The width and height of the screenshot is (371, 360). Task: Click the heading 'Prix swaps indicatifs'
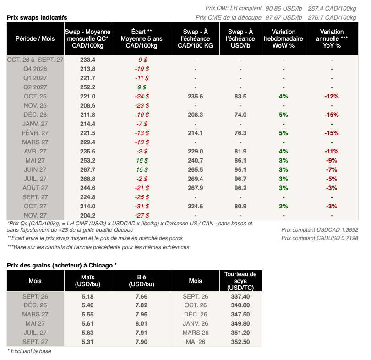pyautogui.click(x=37, y=18)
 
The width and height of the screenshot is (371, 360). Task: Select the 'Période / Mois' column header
pyautogui.click(x=35, y=38)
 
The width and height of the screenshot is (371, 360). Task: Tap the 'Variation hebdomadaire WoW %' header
pyautogui.click(x=284, y=38)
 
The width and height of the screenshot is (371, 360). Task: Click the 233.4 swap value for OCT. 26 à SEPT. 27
pyautogui.click(x=87, y=60)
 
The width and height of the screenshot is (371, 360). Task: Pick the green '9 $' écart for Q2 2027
pyautogui.click(x=142, y=87)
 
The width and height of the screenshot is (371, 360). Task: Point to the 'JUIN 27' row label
pyautogui.click(x=35, y=169)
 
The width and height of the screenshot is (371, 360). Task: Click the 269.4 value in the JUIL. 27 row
pyautogui.click(x=196, y=179)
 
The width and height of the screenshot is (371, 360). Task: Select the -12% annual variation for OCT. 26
pyautogui.click(x=332, y=97)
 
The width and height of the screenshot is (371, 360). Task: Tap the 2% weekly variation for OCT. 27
pyautogui.click(x=284, y=206)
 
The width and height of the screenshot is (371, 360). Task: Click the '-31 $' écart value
pyautogui.click(x=142, y=206)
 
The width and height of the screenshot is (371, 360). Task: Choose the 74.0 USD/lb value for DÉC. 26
pyautogui.click(x=240, y=115)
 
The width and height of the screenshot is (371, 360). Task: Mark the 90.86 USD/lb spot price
pyautogui.click(x=284, y=9)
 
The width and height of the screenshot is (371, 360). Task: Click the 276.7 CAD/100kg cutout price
pyautogui.click(x=332, y=18)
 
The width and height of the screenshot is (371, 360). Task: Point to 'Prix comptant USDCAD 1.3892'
pyautogui.click(x=320, y=230)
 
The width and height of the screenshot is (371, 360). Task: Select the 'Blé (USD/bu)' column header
pyautogui.click(x=142, y=281)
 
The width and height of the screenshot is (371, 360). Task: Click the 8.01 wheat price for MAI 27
pyautogui.click(x=142, y=323)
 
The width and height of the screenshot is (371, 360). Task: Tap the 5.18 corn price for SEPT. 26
pyautogui.click(x=87, y=296)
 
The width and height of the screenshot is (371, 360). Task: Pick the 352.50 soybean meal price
pyautogui.click(x=240, y=342)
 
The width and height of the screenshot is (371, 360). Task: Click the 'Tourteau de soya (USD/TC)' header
pyautogui.click(x=240, y=281)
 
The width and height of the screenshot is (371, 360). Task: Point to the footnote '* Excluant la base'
pyautogui.click(x=29, y=351)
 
